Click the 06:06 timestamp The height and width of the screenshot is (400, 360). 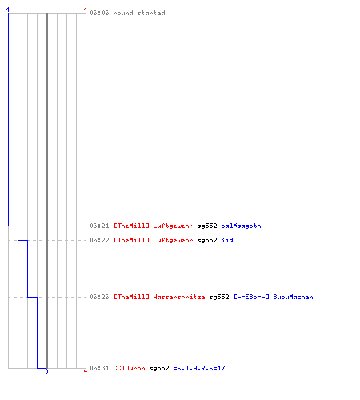tap(99, 13)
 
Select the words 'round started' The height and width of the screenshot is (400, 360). tap(139, 13)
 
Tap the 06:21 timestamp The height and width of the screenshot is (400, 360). tap(99, 226)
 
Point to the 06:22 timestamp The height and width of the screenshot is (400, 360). tap(99, 240)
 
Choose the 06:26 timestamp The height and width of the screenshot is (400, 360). tap(99, 297)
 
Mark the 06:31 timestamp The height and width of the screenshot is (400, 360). tap(99, 368)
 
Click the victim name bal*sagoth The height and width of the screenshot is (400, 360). tap(241, 226)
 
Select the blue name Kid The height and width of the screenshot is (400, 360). tap(227, 240)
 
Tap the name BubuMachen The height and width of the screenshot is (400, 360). tap(293, 297)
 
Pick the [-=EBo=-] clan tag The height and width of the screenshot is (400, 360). tap(251, 297)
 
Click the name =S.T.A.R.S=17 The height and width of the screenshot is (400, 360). tap(199, 368)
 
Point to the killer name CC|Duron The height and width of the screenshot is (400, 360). tap(129, 368)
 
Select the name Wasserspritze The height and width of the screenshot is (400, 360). tap(179, 297)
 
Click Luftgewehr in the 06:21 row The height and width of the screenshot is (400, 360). tap(173, 226)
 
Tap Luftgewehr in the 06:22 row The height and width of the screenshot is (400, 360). tap(173, 240)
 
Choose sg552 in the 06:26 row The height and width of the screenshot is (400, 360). tap(219, 297)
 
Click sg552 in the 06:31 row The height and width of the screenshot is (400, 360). tap(159, 368)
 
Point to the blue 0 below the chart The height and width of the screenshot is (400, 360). tap(46, 371)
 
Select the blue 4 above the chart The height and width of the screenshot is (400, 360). tap(8, 10)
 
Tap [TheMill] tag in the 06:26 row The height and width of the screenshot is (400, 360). tap(131, 297)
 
